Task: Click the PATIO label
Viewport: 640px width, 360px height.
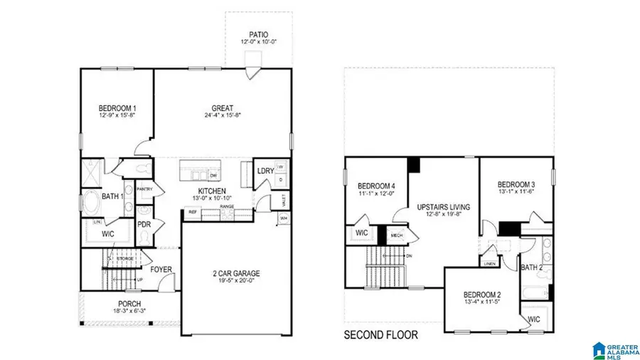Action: coord(258,33)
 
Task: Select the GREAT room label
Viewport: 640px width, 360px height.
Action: coord(222,108)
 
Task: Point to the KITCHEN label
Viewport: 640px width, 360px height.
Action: coord(212,191)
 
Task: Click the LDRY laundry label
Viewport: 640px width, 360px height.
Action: coord(265,171)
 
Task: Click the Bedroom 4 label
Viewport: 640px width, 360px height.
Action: coord(376,186)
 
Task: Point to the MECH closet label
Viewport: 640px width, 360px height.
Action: coord(397,234)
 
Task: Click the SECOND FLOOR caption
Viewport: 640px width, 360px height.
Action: coord(381,334)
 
